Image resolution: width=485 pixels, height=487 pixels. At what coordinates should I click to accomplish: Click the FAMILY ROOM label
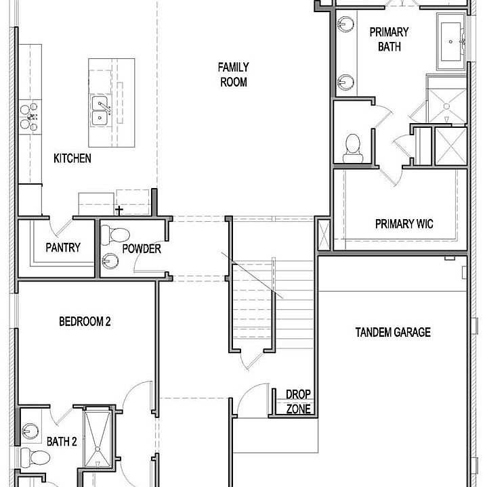click(x=233, y=74)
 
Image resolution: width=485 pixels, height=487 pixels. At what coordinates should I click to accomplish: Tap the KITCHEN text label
click(x=72, y=158)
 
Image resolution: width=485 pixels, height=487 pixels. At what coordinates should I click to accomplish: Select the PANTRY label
click(x=63, y=248)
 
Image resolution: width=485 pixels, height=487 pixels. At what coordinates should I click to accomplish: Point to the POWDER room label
click(x=142, y=249)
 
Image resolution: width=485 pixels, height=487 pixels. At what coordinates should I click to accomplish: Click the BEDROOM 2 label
click(x=85, y=321)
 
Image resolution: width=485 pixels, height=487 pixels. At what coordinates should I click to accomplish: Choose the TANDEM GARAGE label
click(x=393, y=332)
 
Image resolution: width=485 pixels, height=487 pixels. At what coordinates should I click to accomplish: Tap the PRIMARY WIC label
click(x=404, y=224)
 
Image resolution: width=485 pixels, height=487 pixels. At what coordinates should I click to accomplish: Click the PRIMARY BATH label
click(x=389, y=39)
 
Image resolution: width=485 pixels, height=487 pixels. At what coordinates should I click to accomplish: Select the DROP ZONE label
click(x=298, y=402)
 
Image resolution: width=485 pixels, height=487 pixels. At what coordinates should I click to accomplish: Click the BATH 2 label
click(x=62, y=441)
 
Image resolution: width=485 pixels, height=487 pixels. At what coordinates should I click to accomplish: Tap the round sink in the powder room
click(x=110, y=261)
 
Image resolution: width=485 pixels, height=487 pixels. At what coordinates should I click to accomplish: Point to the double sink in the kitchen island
click(x=100, y=110)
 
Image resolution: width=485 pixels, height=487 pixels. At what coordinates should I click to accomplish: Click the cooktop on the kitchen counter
click(x=29, y=117)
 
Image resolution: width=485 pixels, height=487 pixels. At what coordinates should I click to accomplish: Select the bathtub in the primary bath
click(x=450, y=42)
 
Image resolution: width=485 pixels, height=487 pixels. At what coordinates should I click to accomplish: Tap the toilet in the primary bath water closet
click(x=353, y=148)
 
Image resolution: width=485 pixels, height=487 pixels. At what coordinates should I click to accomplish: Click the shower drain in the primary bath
click(x=446, y=107)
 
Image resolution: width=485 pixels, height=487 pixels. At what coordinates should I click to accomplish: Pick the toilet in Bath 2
click(x=35, y=457)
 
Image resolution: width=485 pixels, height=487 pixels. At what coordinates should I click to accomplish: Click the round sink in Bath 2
click(x=30, y=432)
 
